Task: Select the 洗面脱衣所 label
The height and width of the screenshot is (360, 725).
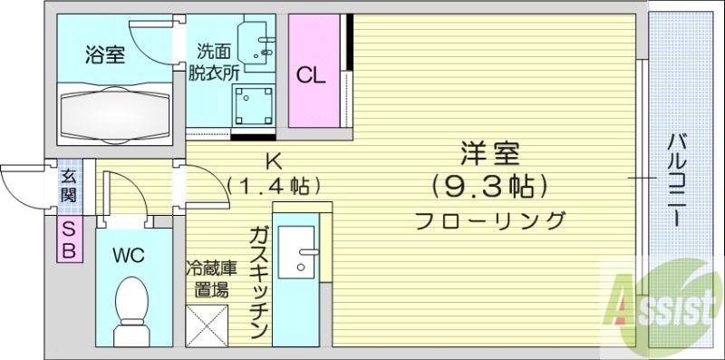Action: point(210,63)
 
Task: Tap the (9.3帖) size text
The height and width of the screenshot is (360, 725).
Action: point(489,187)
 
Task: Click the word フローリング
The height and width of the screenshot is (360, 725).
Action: point(490,219)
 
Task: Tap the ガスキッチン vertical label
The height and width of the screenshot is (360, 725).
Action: point(256,281)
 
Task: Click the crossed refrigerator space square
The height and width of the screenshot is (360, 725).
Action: point(208,324)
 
